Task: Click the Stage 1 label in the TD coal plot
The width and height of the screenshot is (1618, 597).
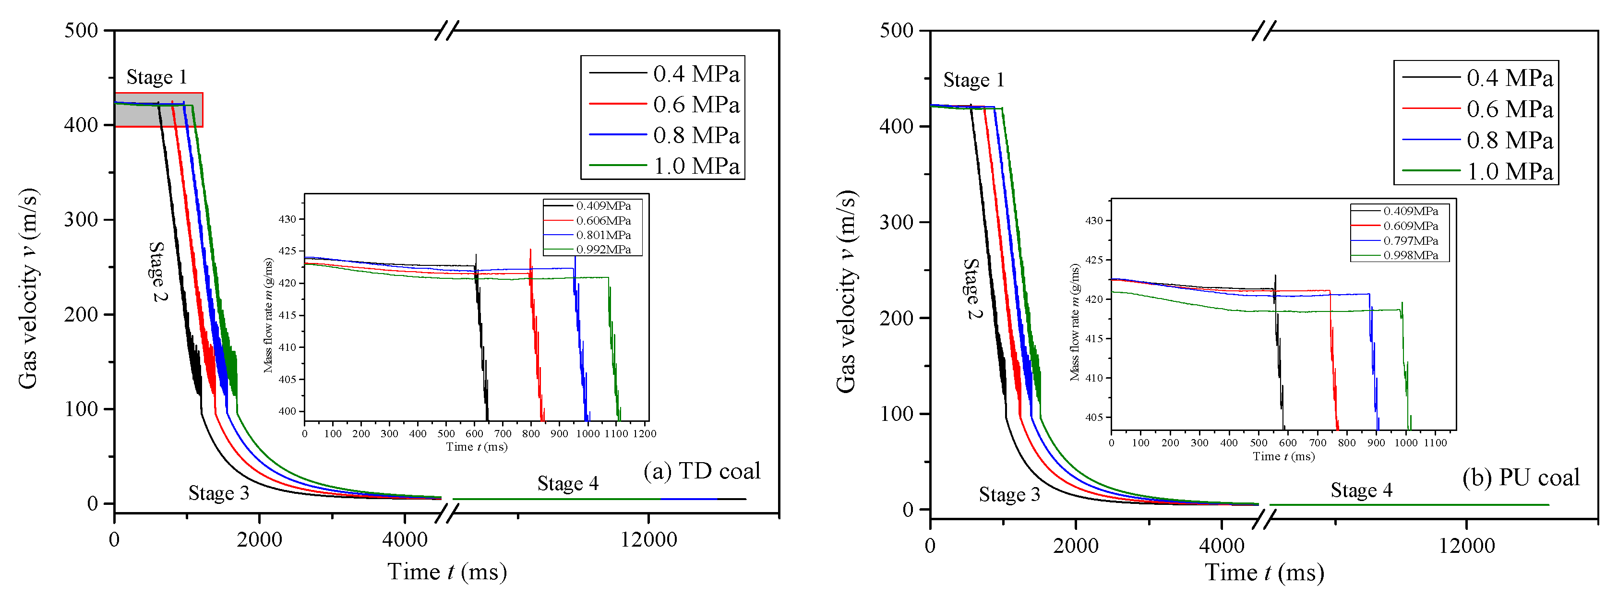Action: coord(156,77)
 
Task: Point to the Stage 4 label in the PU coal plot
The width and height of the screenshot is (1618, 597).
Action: coord(1361,490)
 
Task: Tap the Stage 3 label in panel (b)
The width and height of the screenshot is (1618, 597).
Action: coord(1009,495)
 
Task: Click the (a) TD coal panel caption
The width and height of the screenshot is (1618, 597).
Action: coord(702,471)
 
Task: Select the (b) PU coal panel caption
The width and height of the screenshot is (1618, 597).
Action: coord(1521,478)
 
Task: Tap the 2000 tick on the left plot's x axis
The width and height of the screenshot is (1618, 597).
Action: coord(259,539)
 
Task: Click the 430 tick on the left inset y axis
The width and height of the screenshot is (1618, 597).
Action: coord(287,220)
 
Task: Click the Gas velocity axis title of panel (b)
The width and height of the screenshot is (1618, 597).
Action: coord(846,292)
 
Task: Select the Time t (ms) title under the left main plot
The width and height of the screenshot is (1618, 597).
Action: coord(446,572)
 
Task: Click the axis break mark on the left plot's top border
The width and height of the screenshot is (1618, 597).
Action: coord(446,30)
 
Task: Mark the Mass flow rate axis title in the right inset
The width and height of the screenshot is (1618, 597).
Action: coord(1075,322)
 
